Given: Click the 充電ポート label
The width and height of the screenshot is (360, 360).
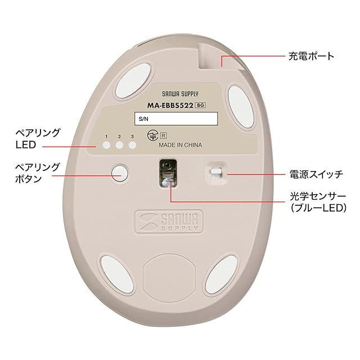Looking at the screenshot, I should tap(311, 56).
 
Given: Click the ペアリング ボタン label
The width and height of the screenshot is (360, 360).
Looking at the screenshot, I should tap(37, 173).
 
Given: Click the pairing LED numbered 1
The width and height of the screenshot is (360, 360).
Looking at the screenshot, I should tap(106, 146).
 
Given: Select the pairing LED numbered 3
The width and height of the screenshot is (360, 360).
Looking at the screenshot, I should tap(132, 146).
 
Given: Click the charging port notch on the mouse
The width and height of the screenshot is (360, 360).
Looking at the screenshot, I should tap(211, 57).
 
